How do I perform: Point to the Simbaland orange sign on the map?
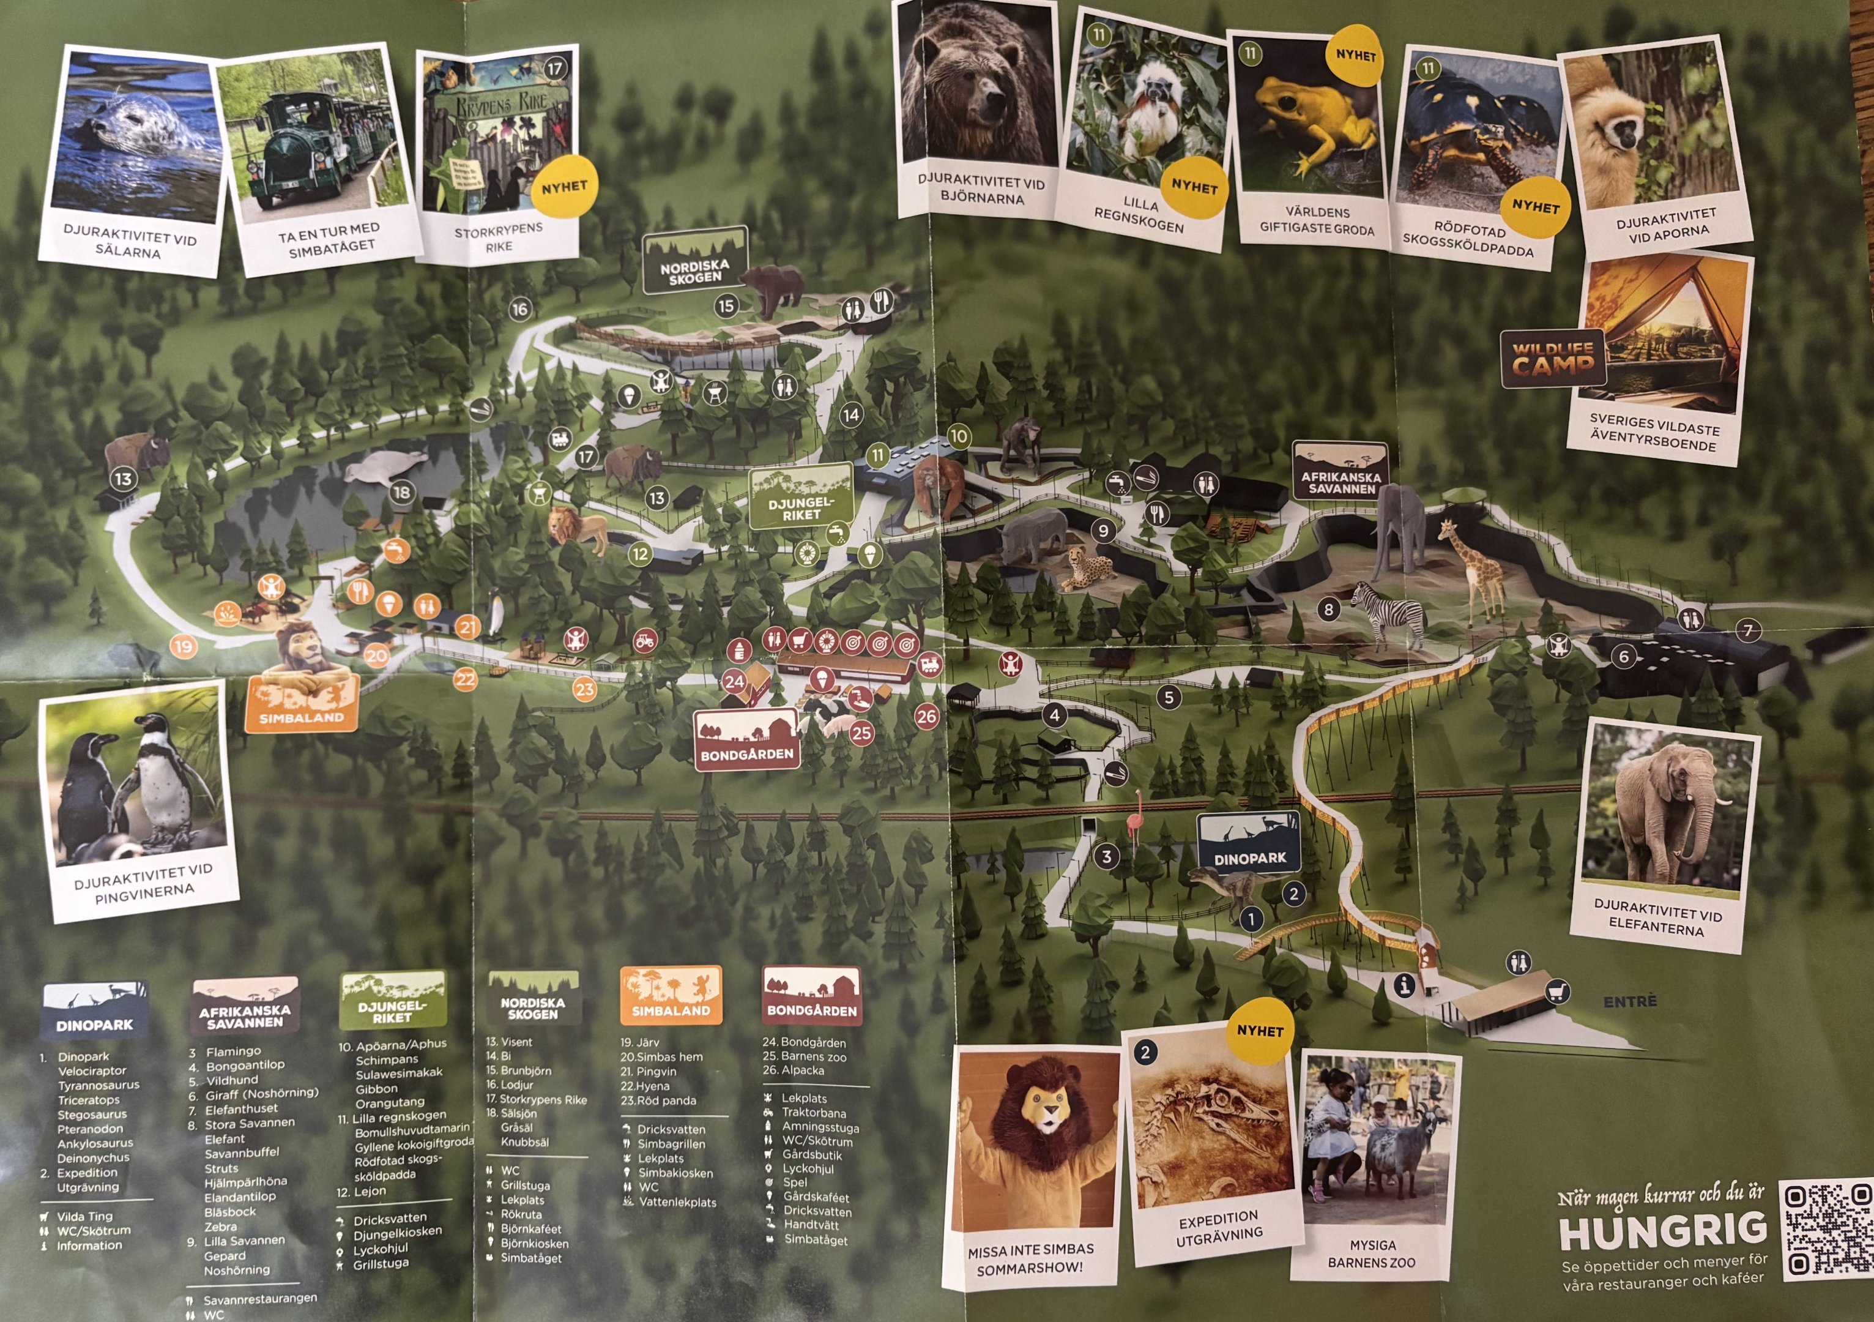(x=301, y=704)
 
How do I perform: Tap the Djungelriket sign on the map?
(x=801, y=498)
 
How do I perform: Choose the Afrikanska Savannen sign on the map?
(x=1341, y=472)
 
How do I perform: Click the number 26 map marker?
(x=926, y=717)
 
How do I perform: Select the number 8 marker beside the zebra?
(x=1329, y=608)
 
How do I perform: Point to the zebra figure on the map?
(x=1389, y=613)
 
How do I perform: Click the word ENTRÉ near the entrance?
(x=1630, y=1001)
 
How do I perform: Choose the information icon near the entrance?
(x=1404, y=985)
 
